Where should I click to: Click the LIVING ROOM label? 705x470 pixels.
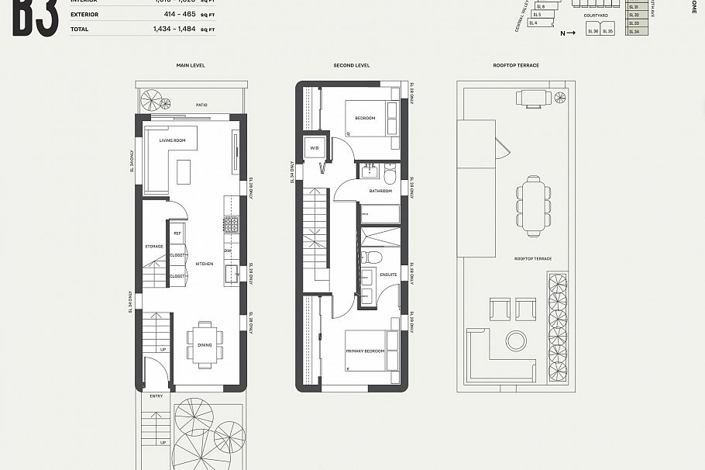coord(172,140)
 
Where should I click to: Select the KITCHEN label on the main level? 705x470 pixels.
coord(204,264)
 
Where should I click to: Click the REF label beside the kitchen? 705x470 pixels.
coord(177,233)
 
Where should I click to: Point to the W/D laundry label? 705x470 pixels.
coord(315,147)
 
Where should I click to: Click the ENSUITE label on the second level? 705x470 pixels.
coord(387,275)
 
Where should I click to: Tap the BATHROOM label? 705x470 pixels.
coord(380,190)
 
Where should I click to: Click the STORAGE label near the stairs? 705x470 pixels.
coord(153,247)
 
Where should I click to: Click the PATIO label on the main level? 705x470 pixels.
coord(201,105)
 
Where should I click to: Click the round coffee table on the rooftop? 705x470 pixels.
coord(515,340)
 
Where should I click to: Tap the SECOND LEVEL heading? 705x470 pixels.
coord(352,65)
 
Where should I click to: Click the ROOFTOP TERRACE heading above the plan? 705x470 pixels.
coord(516,65)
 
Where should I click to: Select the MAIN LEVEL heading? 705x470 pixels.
coord(190,65)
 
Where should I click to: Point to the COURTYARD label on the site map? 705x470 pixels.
coord(596,15)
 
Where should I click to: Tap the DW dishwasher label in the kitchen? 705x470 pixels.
coord(228,251)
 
